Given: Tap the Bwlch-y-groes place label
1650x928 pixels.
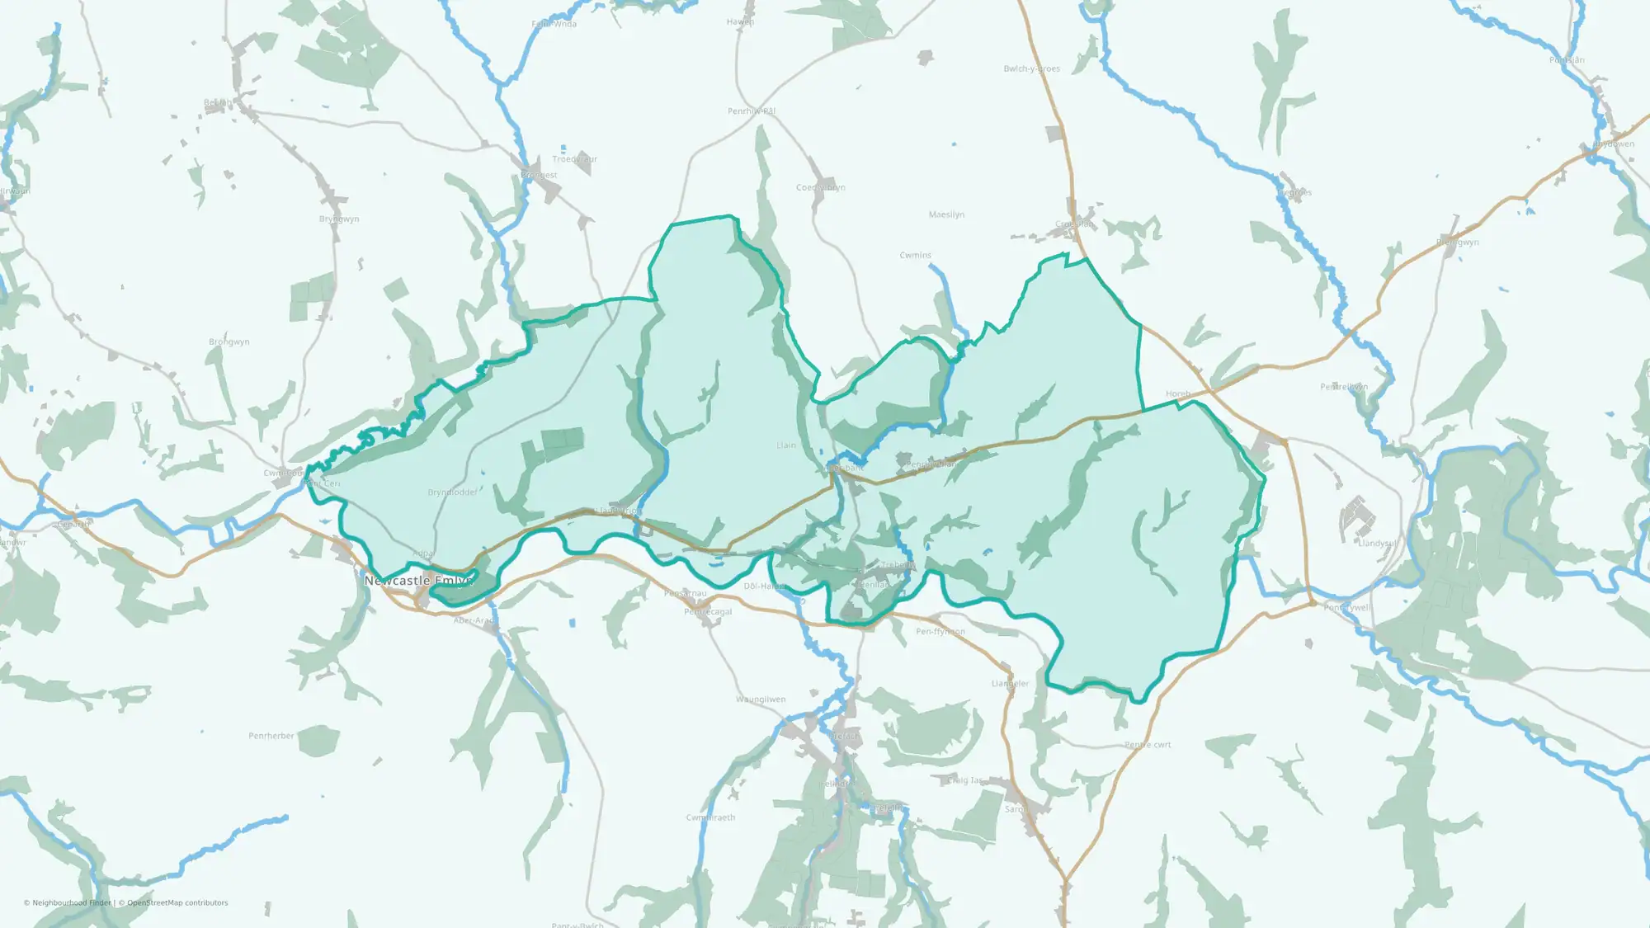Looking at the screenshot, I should click(x=1031, y=68).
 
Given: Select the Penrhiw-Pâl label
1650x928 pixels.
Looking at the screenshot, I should click(x=751, y=111).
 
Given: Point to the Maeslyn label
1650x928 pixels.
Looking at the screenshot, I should click(x=946, y=214).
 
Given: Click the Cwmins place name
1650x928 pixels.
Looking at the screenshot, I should click(x=915, y=256).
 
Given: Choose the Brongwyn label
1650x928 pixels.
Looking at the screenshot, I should click(x=229, y=342).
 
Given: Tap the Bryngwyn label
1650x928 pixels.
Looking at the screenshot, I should click(x=339, y=219).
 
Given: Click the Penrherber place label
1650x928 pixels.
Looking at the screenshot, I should click(x=271, y=736).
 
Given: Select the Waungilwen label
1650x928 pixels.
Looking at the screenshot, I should click(x=761, y=700).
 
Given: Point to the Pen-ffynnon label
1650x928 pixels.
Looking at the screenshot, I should click(x=940, y=632).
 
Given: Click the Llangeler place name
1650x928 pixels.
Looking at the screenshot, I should click(x=1010, y=684).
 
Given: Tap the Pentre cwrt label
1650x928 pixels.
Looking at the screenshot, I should click(x=1148, y=745).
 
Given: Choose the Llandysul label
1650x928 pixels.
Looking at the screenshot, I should click(x=1378, y=544).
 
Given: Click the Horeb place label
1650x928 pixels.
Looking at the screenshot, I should click(x=1178, y=394).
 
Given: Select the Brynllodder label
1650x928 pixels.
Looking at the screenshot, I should click(x=452, y=492).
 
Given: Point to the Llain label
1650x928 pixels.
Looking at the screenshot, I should click(x=786, y=445).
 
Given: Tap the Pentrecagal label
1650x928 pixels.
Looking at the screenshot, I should click(x=708, y=612).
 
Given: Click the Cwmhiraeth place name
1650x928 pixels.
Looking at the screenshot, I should click(x=710, y=817).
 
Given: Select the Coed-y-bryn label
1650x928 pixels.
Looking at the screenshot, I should click(x=820, y=187).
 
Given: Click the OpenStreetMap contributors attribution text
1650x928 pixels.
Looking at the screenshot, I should click(x=177, y=902).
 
